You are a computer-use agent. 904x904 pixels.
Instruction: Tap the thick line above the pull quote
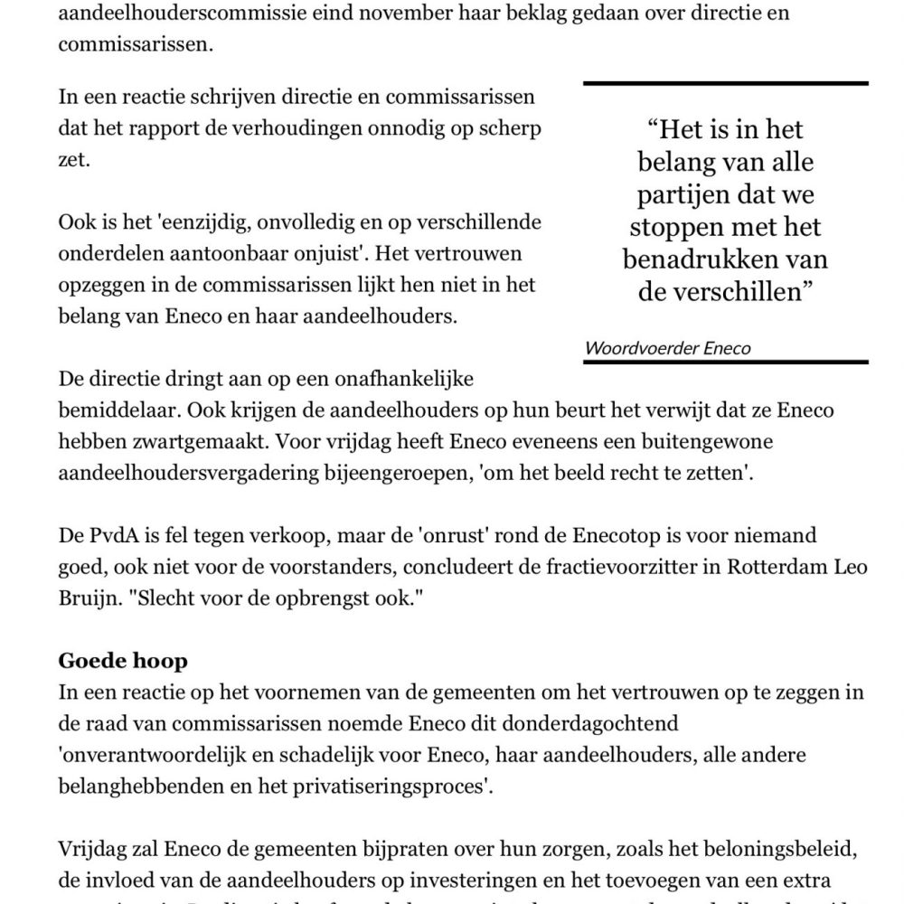725,83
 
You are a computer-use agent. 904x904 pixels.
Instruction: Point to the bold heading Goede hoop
123,661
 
